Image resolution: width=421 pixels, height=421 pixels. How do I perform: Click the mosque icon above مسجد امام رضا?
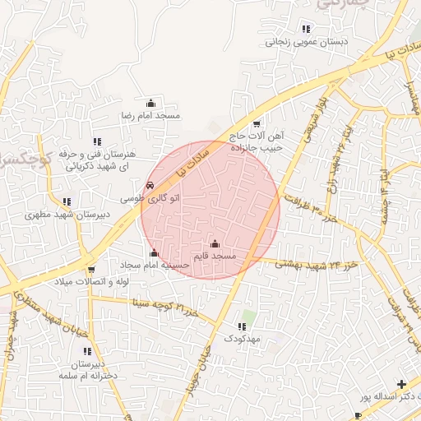[150, 104]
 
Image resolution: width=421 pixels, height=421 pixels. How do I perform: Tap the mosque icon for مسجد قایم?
[215, 243]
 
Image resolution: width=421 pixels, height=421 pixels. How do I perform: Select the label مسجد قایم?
[215, 257]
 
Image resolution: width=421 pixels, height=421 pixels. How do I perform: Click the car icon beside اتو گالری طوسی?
[150, 186]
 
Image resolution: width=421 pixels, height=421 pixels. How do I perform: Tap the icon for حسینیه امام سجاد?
[154, 252]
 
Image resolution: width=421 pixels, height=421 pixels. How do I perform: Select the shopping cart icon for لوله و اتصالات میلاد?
[90, 269]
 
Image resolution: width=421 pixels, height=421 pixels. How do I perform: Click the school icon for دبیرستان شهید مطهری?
[67, 201]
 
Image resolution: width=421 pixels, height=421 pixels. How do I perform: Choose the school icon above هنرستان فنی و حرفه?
[97, 141]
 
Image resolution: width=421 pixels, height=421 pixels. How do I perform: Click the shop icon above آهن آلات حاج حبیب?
[257, 123]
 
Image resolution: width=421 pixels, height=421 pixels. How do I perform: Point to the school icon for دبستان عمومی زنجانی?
[307, 29]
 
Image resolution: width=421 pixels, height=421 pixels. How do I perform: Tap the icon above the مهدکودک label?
[242, 326]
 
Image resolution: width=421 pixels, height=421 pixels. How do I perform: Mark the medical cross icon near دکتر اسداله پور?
[401, 384]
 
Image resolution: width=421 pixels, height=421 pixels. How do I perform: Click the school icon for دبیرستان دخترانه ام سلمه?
[87, 351]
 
